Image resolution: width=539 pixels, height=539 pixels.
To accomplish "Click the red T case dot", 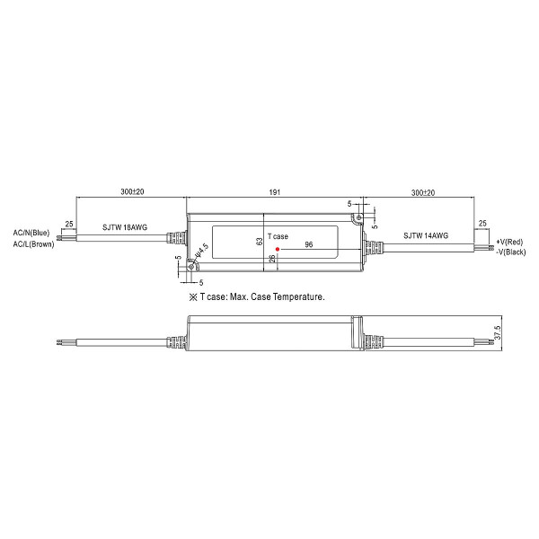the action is (278, 249).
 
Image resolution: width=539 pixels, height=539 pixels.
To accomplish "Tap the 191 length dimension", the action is (274, 192).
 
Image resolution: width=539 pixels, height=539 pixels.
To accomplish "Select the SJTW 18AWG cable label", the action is (125, 227).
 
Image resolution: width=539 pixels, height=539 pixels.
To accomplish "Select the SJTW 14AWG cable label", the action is (426, 235).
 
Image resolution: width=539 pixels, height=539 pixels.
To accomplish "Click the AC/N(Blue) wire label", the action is (31, 233).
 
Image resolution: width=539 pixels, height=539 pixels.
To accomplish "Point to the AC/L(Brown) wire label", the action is (34, 244).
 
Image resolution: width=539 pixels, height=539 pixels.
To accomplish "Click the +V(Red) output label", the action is (509, 242).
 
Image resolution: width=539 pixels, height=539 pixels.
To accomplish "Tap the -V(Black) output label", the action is (511, 252).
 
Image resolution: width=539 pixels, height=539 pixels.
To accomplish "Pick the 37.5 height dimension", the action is (498, 332).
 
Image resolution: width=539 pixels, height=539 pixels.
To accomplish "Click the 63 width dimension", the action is (260, 242).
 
